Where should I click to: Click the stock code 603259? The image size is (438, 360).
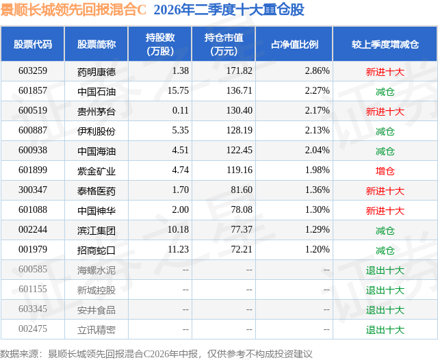(x=33, y=71)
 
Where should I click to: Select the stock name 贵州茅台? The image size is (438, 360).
(x=96, y=112)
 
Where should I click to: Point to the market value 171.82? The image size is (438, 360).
(x=239, y=71)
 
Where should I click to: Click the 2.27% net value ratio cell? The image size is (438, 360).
(x=317, y=91)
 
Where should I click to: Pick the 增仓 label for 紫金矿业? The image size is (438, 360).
(x=385, y=171)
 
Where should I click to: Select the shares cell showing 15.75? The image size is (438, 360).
(x=178, y=91)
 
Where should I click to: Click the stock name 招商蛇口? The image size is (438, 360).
(x=96, y=250)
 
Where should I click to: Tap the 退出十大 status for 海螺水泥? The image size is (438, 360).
(x=385, y=270)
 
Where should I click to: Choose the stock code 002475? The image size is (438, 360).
(x=33, y=329)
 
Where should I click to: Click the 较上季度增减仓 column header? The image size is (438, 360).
(x=385, y=44)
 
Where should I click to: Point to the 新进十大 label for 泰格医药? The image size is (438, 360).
(x=385, y=191)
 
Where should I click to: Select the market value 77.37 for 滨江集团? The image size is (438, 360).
(x=242, y=229)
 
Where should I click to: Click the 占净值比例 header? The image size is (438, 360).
(x=294, y=44)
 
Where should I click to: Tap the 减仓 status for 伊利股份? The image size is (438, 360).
(x=385, y=131)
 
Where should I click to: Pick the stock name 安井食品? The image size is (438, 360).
(x=96, y=310)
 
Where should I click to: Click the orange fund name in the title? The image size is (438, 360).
(x=73, y=10)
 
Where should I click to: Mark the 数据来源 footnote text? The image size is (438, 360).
(x=156, y=354)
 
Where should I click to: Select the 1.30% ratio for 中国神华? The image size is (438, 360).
(x=317, y=209)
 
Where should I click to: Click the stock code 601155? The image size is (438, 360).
(x=33, y=289)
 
